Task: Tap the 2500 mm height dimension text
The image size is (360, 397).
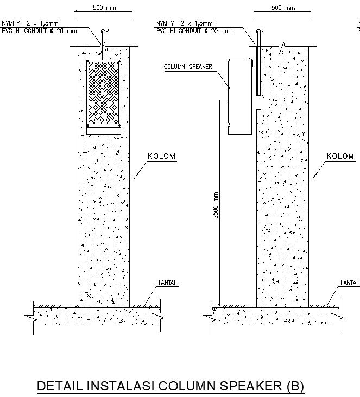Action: click(216, 205)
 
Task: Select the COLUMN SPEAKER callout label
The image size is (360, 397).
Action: click(188, 67)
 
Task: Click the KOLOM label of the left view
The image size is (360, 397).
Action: click(162, 156)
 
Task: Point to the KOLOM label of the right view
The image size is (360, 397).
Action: click(340, 156)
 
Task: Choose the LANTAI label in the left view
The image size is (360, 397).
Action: click(169, 283)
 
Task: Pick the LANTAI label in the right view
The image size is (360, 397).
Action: click(349, 283)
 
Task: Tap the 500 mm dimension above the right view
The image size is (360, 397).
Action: click(283, 8)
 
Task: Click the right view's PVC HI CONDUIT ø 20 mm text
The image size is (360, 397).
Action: click(193, 31)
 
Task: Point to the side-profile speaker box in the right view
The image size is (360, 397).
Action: click(239, 96)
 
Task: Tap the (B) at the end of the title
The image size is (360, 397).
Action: click(294, 386)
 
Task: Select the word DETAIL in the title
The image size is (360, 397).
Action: click(59, 386)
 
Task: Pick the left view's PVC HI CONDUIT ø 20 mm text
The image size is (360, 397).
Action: click(39, 31)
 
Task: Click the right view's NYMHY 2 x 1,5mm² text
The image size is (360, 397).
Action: click(185, 24)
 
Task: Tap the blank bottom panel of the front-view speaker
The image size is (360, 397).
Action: click(104, 129)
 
